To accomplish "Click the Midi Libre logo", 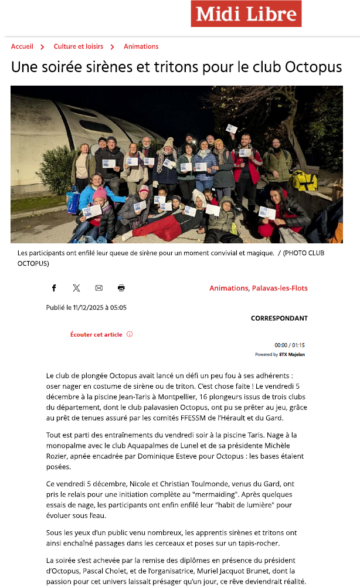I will pyautogui.click(x=246, y=13).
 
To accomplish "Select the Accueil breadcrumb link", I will pyautogui.click(x=22, y=46).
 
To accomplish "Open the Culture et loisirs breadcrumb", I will pyautogui.click(x=78, y=46).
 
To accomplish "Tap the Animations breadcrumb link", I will pyautogui.click(x=141, y=46).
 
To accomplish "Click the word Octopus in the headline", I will pyautogui.click(x=313, y=67).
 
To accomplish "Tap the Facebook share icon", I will pyautogui.click(x=54, y=288).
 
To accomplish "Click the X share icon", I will pyautogui.click(x=76, y=288).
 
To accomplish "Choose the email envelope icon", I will pyautogui.click(x=99, y=288).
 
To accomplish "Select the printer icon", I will pyautogui.click(x=121, y=288).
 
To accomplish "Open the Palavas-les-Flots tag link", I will pyautogui.click(x=280, y=288).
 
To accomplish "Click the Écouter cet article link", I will pyautogui.click(x=96, y=334).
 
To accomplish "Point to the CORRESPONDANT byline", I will pyautogui.click(x=279, y=318).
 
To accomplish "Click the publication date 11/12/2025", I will pyautogui.click(x=90, y=307).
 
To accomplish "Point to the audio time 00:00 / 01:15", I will pyautogui.click(x=290, y=345).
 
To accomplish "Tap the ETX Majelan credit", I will pyautogui.click(x=296, y=354).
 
